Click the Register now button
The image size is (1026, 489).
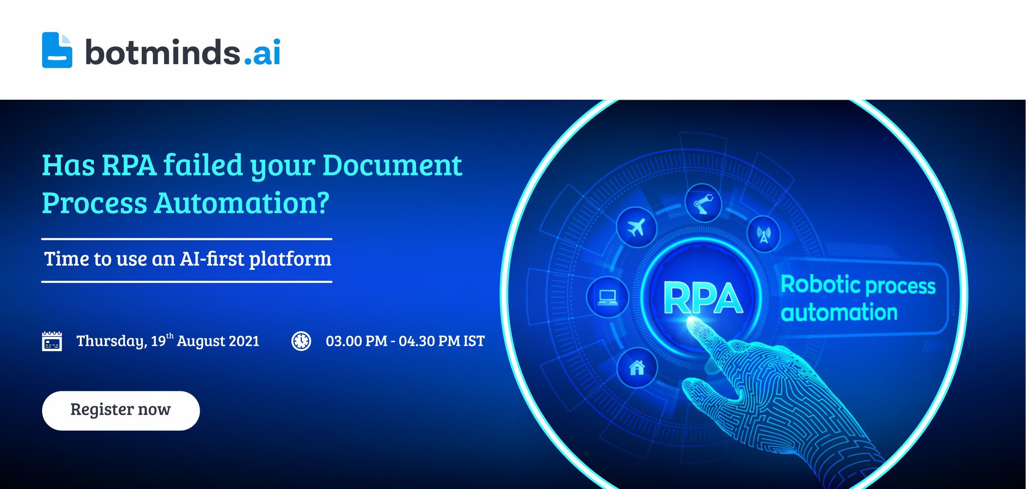click(121, 410)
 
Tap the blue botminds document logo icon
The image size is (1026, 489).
click(57, 50)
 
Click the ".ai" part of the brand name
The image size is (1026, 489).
click(262, 52)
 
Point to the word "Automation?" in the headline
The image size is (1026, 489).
click(242, 203)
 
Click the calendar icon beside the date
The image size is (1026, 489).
click(52, 341)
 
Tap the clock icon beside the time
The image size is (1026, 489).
click(301, 341)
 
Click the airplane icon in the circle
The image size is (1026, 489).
click(636, 227)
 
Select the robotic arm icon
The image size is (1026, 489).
click(703, 203)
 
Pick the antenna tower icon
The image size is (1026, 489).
click(763, 234)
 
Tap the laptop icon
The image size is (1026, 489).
click(607, 297)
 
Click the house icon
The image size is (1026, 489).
click(637, 367)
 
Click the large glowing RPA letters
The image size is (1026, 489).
click(703, 298)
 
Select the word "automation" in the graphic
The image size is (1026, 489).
click(839, 312)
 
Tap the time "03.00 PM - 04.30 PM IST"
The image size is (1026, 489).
click(405, 341)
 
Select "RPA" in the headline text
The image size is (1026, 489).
click(129, 165)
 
